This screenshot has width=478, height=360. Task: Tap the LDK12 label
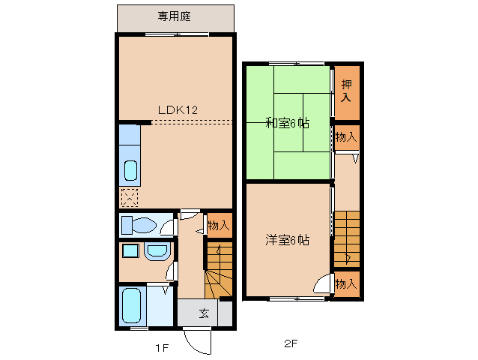tap(177, 109)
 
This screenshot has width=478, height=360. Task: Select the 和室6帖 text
tap(287, 123)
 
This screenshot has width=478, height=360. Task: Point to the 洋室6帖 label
tap(287, 240)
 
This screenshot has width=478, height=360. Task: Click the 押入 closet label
tap(346, 91)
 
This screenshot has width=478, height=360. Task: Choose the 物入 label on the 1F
tap(218, 224)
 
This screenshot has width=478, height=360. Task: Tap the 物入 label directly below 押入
tap(346, 137)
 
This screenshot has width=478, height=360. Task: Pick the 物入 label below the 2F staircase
tap(346, 283)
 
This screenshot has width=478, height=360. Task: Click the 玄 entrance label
tap(204, 313)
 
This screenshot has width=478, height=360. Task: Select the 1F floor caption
tap(162, 346)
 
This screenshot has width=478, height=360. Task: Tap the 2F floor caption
tap(291, 344)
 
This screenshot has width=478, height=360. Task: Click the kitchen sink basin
tap(130, 172)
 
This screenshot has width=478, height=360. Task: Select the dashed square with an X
tap(130, 198)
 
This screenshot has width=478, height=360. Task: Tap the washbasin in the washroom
tap(157, 251)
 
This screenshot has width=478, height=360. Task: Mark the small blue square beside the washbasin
tap(130, 250)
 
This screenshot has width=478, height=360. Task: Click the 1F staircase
tap(219, 274)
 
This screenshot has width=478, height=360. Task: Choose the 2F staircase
tap(347, 238)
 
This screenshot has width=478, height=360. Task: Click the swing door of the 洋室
tap(324, 285)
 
